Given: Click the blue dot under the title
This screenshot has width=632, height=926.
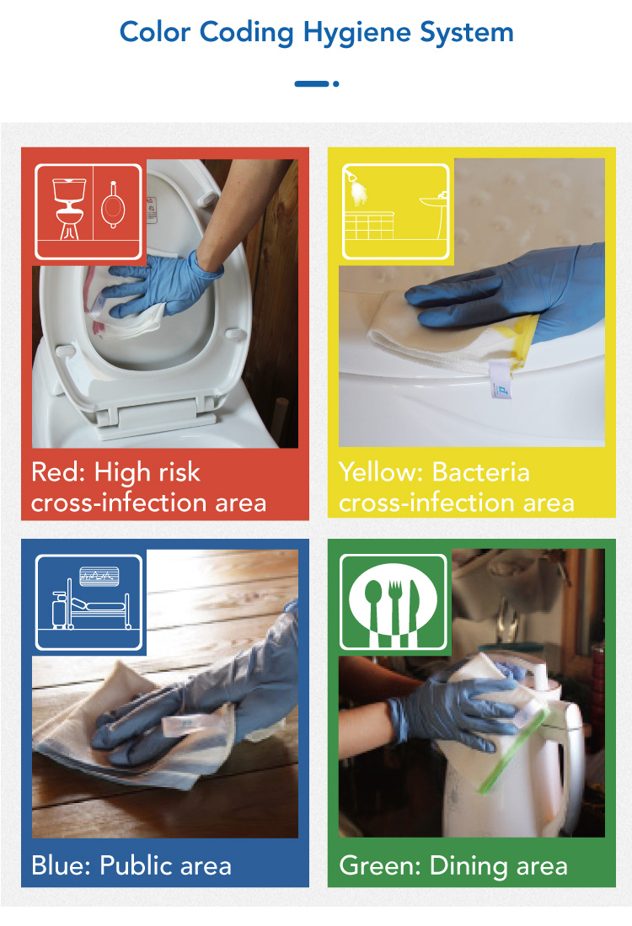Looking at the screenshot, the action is pyautogui.click(x=336, y=84).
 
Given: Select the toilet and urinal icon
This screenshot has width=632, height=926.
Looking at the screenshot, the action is pyautogui.click(x=88, y=212).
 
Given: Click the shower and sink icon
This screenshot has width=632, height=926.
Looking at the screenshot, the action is pyautogui.click(x=396, y=212).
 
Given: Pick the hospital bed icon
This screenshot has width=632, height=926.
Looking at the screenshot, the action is pyautogui.click(x=88, y=603).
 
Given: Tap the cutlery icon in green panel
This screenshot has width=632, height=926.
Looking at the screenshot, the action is pyautogui.click(x=394, y=603).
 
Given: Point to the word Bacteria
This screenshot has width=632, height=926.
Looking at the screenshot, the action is pyautogui.click(x=480, y=472).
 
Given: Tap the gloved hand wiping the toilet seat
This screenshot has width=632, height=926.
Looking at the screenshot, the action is pyautogui.click(x=159, y=284).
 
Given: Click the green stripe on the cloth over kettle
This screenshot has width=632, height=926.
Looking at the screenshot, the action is pyautogui.click(x=512, y=751).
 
